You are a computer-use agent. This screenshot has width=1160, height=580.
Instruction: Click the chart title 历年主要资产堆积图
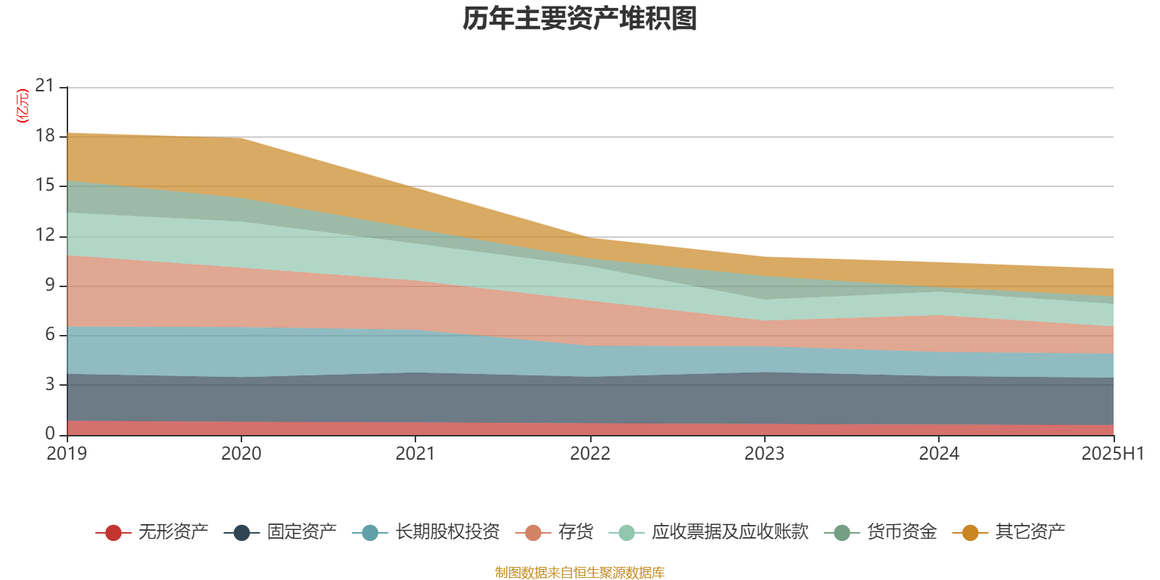[x=580, y=19]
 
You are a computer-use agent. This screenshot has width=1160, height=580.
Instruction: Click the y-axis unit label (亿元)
[x=23, y=106]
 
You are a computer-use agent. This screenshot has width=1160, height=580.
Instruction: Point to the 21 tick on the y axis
[x=45, y=86]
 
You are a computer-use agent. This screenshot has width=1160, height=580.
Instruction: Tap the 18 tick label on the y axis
[x=45, y=136]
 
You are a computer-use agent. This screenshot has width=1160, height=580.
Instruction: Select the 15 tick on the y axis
[x=45, y=186]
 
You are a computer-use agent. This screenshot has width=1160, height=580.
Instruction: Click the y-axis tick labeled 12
[x=45, y=235]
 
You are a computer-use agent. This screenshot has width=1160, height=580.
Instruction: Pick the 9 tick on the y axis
[x=49, y=285]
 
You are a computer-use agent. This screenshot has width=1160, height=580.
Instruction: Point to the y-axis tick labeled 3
[x=49, y=384]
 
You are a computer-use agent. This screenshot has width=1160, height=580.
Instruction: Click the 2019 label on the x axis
[x=67, y=454]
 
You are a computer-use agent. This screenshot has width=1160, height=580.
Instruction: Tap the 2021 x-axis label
[x=415, y=454]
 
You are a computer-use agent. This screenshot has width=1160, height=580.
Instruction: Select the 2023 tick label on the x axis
[x=764, y=454]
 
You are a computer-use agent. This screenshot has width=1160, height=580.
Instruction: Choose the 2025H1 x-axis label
[x=1112, y=454]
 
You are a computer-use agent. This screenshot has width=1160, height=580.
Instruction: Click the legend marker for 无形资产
[x=113, y=533]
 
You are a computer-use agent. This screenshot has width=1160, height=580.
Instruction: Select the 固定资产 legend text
[x=302, y=532]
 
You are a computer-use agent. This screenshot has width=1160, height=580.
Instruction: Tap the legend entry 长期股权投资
[x=447, y=532]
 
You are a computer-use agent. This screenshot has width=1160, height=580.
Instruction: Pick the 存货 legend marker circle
[x=533, y=533]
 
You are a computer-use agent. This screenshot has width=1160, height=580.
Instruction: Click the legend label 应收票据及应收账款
[x=729, y=532]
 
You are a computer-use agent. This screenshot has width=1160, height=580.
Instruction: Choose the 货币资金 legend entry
[x=901, y=532]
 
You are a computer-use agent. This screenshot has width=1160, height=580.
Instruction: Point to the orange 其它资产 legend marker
[x=970, y=533]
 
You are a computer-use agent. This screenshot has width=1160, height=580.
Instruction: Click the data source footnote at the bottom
[x=580, y=573]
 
